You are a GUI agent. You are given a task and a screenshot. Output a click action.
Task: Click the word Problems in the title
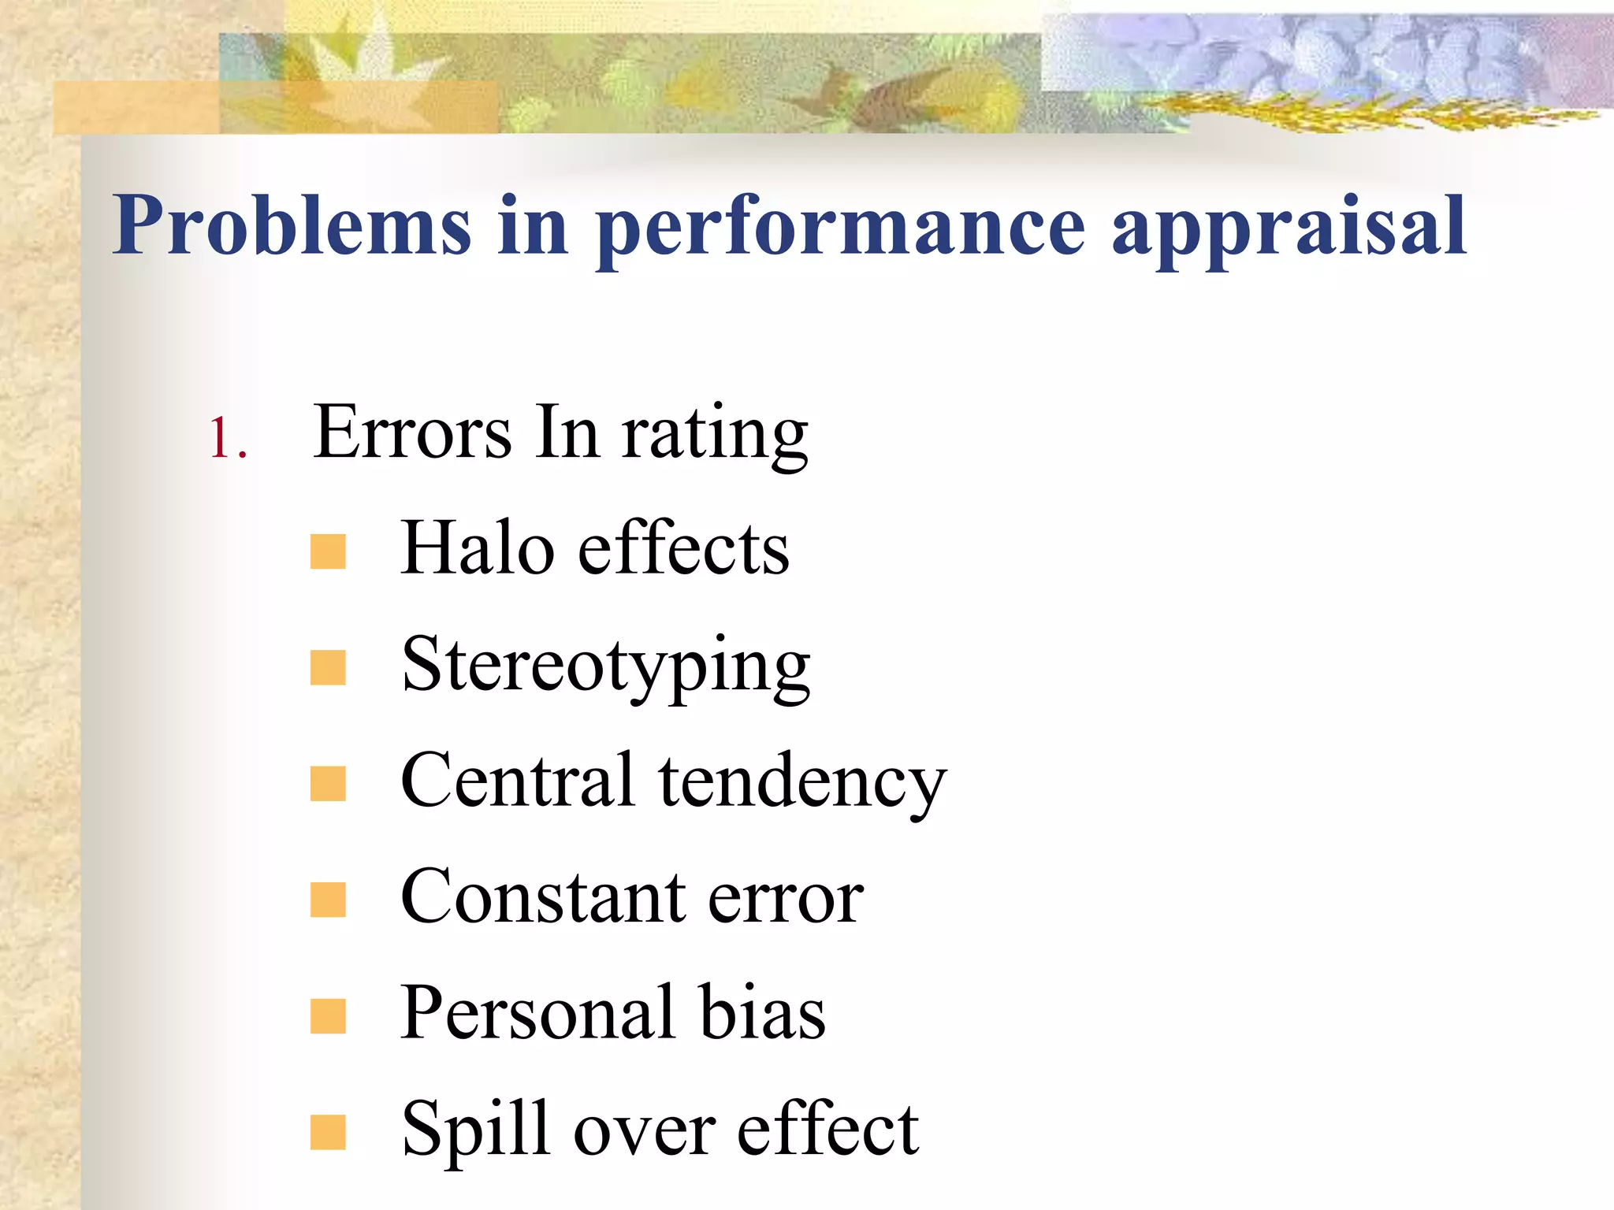click(x=292, y=226)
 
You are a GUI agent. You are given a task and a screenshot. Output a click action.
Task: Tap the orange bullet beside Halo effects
click(x=328, y=551)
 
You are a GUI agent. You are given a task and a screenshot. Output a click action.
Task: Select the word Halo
click(x=477, y=548)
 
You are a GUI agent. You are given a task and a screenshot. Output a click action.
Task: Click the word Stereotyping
click(x=605, y=666)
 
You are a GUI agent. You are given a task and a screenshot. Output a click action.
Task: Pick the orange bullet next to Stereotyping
click(x=328, y=667)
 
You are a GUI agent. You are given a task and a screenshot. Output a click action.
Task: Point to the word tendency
click(x=802, y=783)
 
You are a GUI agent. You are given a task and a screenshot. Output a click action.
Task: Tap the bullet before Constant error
click(x=328, y=900)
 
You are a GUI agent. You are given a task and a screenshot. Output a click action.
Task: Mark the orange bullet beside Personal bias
click(x=328, y=1015)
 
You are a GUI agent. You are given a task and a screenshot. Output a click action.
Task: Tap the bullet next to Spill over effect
click(x=328, y=1132)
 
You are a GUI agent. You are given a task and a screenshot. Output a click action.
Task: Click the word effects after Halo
click(x=683, y=548)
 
